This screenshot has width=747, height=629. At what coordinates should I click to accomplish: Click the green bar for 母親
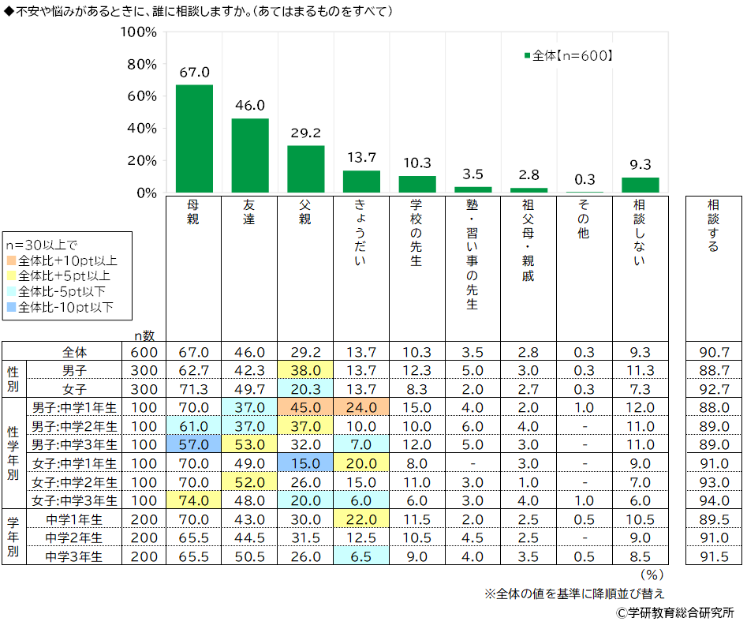tap(194, 138)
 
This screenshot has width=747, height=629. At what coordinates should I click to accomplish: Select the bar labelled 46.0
tap(250, 155)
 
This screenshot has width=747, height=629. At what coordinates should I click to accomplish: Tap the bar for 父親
tap(305, 169)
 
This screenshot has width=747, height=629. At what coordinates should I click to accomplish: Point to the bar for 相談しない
tap(641, 185)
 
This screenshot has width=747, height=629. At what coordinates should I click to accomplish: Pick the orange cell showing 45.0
tap(305, 407)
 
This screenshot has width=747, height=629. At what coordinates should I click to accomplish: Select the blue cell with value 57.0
tap(194, 444)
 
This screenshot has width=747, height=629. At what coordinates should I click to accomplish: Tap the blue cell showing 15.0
tap(305, 463)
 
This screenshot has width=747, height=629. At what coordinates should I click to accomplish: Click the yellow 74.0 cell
tap(194, 500)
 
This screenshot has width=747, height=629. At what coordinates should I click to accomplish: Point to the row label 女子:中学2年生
tap(75, 481)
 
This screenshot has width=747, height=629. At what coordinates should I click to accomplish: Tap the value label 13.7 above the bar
tap(361, 158)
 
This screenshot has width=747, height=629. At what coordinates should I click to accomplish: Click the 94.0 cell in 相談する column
tap(714, 500)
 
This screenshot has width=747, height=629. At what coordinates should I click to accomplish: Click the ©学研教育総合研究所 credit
tap(675, 612)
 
